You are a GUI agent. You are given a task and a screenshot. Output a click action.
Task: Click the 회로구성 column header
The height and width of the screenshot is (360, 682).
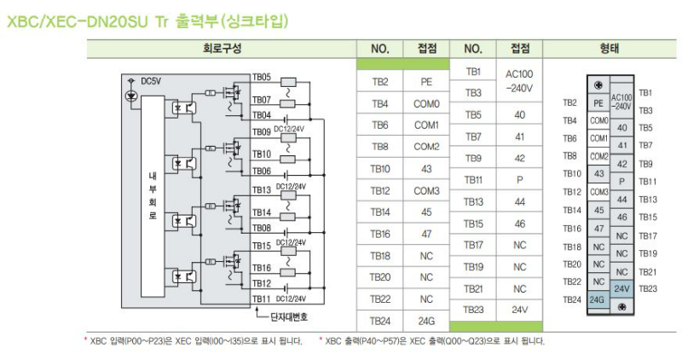(223, 49)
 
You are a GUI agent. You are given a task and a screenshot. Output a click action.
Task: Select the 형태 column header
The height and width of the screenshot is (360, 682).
(609, 49)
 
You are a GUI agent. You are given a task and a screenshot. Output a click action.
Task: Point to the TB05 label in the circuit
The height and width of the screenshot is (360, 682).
(261, 77)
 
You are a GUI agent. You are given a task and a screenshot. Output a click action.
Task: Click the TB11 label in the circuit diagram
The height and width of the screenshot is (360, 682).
(261, 299)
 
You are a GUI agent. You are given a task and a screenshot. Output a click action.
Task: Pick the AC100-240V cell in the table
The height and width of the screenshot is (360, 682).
(519, 81)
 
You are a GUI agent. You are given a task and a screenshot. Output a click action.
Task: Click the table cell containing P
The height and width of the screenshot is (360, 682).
(519, 179)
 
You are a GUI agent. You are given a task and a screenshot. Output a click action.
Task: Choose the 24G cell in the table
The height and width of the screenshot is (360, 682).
(427, 322)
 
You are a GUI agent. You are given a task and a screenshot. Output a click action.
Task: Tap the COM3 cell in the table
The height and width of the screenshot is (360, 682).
(427, 191)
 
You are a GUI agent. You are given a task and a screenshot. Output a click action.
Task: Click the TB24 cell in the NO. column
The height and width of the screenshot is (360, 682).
(379, 322)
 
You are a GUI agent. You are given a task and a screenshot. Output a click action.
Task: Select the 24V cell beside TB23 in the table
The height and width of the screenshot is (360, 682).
(519, 311)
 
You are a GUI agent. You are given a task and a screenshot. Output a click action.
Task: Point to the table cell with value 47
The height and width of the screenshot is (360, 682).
(427, 234)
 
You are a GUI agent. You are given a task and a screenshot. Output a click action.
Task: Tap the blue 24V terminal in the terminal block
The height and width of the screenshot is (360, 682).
(621, 289)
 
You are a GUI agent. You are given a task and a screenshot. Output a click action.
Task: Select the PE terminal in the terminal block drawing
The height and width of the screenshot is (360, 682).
(598, 103)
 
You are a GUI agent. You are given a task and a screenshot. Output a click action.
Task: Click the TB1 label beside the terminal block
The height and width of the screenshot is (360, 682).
(645, 92)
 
